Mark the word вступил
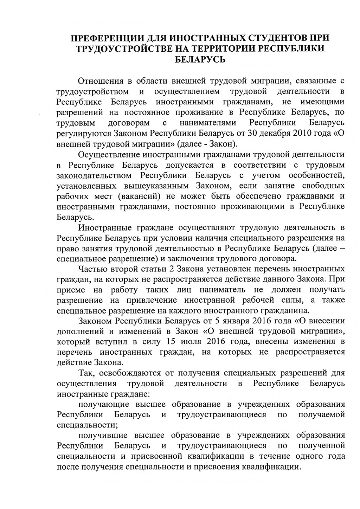[x=114, y=342]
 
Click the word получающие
[x=104, y=404]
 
